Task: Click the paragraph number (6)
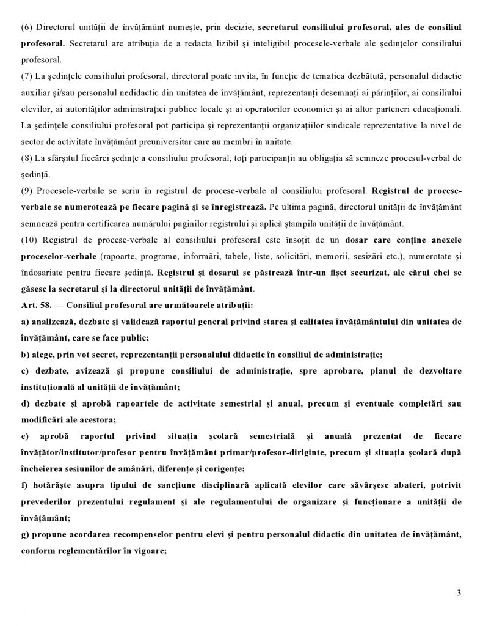pos(26,28)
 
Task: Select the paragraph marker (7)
pos(26,76)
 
